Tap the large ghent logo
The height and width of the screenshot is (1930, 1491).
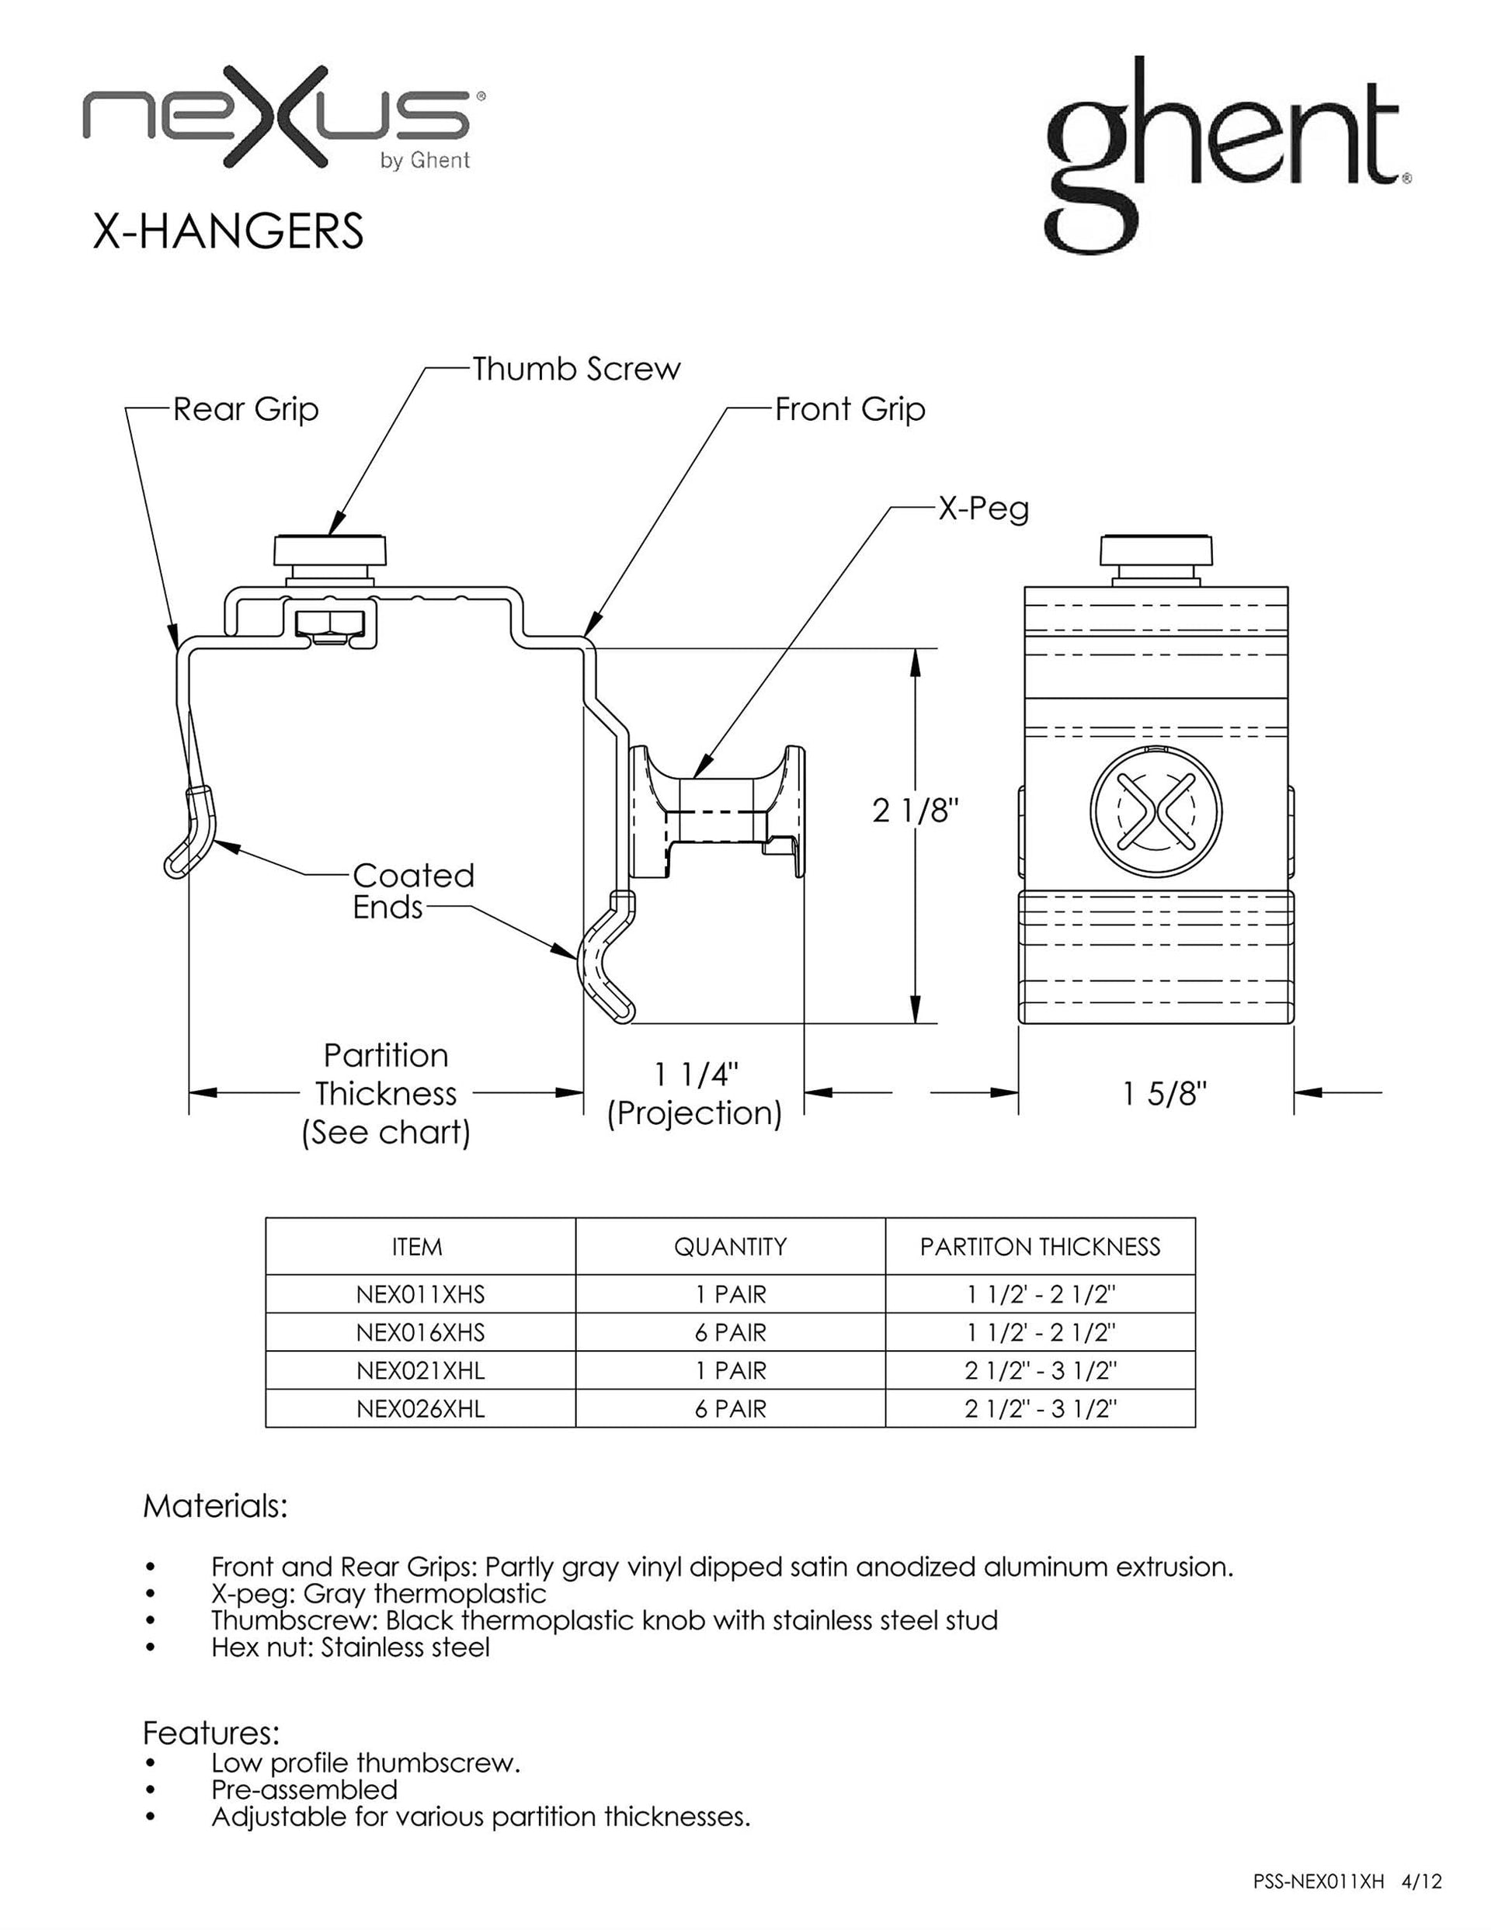pyautogui.click(x=1227, y=155)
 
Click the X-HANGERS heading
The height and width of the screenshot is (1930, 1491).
pyautogui.click(x=228, y=231)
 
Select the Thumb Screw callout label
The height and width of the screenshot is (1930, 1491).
pyautogui.click(x=576, y=369)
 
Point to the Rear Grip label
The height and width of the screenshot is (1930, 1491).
pyautogui.click(x=245, y=410)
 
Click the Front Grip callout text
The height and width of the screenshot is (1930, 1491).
pyautogui.click(x=850, y=410)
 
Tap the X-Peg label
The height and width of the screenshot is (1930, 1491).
pyautogui.click(x=984, y=509)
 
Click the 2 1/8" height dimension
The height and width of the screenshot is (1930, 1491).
pyautogui.click(x=916, y=811)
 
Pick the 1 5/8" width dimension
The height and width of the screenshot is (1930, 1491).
pyautogui.click(x=1165, y=1095)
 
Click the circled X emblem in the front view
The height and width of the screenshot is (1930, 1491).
pyautogui.click(x=1156, y=811)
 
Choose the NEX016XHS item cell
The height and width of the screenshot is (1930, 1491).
pyautogui.click(x=421, y=1331)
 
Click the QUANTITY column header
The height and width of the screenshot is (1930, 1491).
pyautogui.click(x=730, y=1247)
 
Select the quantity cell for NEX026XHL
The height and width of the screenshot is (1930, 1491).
pyautogui.click(x=730, y=1408)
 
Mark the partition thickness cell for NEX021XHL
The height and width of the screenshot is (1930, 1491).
pyautogui.click(x=1041, y=1370)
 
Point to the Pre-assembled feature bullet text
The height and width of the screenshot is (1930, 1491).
pyautogui.click(x=304, y=1790)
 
